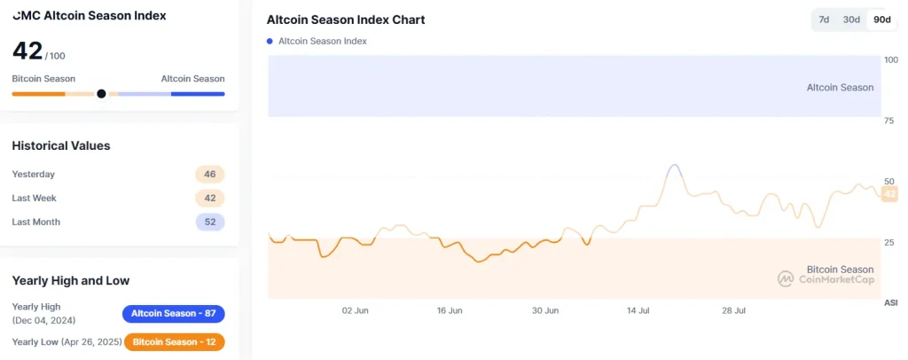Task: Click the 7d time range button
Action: coord(824,20)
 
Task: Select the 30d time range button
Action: coord(851,20)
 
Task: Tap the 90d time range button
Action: coord(881,20)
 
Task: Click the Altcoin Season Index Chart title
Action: coord(345,20)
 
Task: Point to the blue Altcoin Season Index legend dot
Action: coord(270,41)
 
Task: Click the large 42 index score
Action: coord(27,51)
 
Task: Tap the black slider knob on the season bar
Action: coord(101,93)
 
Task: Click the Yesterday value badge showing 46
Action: coord(210,175)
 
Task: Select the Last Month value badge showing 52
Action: coord(210,222)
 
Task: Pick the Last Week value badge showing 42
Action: coord(210,198)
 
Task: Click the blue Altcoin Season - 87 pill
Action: coord(174,314)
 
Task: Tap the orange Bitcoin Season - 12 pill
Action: coord(174,341)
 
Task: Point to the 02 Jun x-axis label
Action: coord(355,311)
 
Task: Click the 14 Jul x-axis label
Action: coord(639,311)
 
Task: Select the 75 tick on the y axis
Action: coord(889,121)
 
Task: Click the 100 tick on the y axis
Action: coord(890,60)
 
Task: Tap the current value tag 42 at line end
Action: coord(890,194)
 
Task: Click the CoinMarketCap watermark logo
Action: coord(786,279)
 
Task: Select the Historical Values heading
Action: coord(61,145)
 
